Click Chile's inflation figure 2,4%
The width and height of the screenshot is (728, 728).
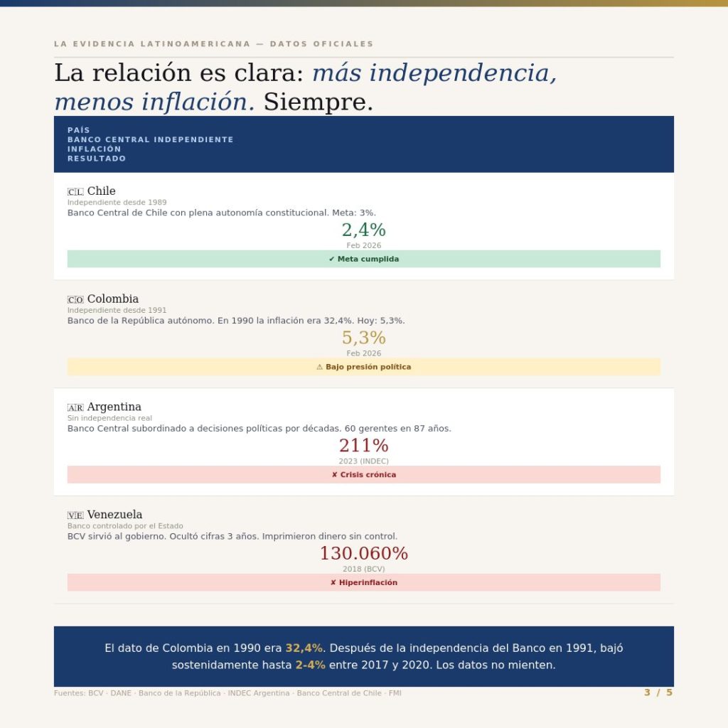coord(363,230)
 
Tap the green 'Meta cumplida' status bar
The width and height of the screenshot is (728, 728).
coord(363,259)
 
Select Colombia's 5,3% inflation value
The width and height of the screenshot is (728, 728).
coord(363,338)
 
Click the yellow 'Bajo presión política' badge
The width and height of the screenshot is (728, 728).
coord(363,367)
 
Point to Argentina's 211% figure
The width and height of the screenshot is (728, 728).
coord(363,446)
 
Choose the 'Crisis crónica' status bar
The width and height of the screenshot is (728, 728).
coord(363,474)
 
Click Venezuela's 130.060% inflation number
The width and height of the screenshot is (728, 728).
coord(363,553)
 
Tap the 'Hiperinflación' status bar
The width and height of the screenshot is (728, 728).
coord(363,582)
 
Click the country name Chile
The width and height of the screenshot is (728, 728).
coord(101,191)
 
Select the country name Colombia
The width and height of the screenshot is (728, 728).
coord(112,299)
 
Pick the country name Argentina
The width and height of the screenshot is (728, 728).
coord(114,407)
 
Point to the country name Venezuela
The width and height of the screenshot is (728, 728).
coord(114,515)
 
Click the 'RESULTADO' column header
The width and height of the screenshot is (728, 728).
coord(97,159)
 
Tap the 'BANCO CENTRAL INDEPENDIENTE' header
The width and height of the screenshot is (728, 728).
coord(150,139)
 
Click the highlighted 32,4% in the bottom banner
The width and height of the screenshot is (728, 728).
coord(304,648)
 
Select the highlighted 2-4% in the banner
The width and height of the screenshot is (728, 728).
coord(311,665)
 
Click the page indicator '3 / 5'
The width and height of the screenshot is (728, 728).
coord(658,692)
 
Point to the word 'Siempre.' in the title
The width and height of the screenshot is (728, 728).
coord(318,102)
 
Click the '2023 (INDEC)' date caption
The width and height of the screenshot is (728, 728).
coord(363,461)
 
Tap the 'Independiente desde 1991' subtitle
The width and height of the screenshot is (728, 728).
coord(117,310)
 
